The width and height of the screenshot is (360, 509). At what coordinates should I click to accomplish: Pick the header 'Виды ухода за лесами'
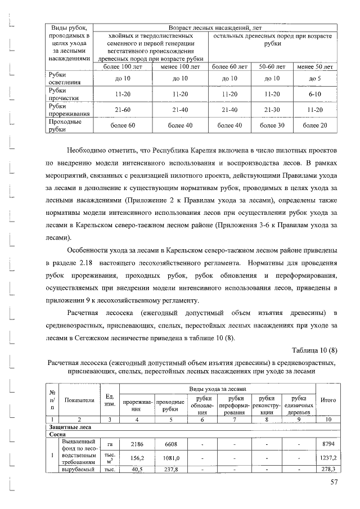click(x=218, y=389)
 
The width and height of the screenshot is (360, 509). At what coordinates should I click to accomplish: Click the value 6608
click(x=170, y=444)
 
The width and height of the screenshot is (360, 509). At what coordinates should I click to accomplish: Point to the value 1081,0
click(x=170, y=458)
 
